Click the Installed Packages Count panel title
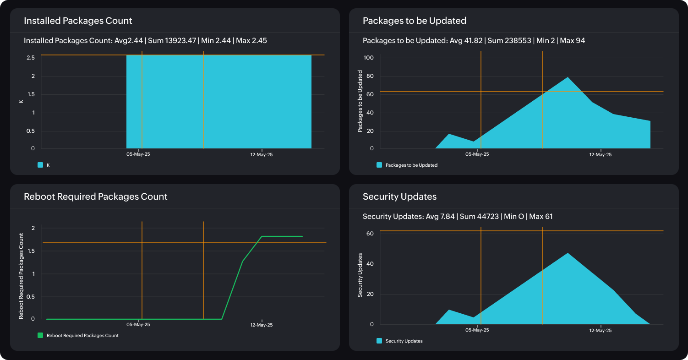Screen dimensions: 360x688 (x=78, y=21)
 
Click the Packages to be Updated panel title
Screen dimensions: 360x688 (x=414, y=21)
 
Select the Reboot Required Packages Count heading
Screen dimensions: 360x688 (x=95, y=196)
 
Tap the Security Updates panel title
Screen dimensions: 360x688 (x=399, y=196)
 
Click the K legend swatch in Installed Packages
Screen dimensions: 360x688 (x=40, y=165)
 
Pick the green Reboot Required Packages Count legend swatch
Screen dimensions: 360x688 (x=40, y=335)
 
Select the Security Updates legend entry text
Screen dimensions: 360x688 (x=404, y=341)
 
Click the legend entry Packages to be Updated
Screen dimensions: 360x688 (x=411, y=165)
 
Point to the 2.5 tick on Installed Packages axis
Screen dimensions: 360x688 (x=31, y=58)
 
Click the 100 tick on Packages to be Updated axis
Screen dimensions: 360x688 (x=369, y=58)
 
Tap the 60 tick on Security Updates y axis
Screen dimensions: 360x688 (x=370, y=234)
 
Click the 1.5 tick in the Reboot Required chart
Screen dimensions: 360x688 (x=31, y=251)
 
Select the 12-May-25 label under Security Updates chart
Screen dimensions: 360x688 (x=600, y=330)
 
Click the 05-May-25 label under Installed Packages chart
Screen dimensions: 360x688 (x=138, y=154)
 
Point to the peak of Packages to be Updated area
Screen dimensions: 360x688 (x=568, y=77)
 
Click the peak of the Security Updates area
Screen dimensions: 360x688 (x=568, y=253)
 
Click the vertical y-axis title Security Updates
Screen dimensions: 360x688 (x=360, y=275)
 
